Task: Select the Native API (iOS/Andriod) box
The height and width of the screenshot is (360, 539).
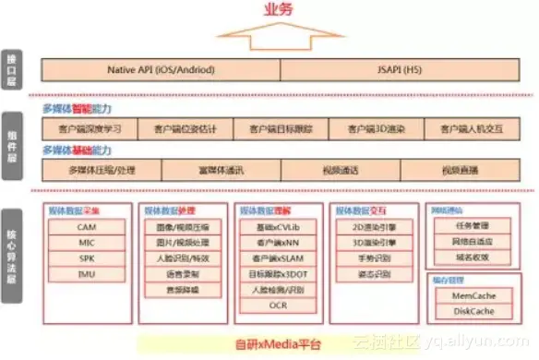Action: point(162,68)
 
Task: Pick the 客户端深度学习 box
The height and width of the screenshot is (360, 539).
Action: point(90,127)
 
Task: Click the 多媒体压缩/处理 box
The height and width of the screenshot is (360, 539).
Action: point(102,170)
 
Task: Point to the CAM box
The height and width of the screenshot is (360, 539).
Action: point(87,227)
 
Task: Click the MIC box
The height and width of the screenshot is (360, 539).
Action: point(87,243)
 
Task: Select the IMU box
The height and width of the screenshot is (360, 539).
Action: point(87,274)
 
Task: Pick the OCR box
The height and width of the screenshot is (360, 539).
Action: point(278,306)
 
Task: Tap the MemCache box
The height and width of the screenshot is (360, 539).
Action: point(465,295)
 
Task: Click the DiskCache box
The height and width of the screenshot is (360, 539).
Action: point(465,311)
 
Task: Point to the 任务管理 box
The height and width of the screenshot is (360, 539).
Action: point(465,224)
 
